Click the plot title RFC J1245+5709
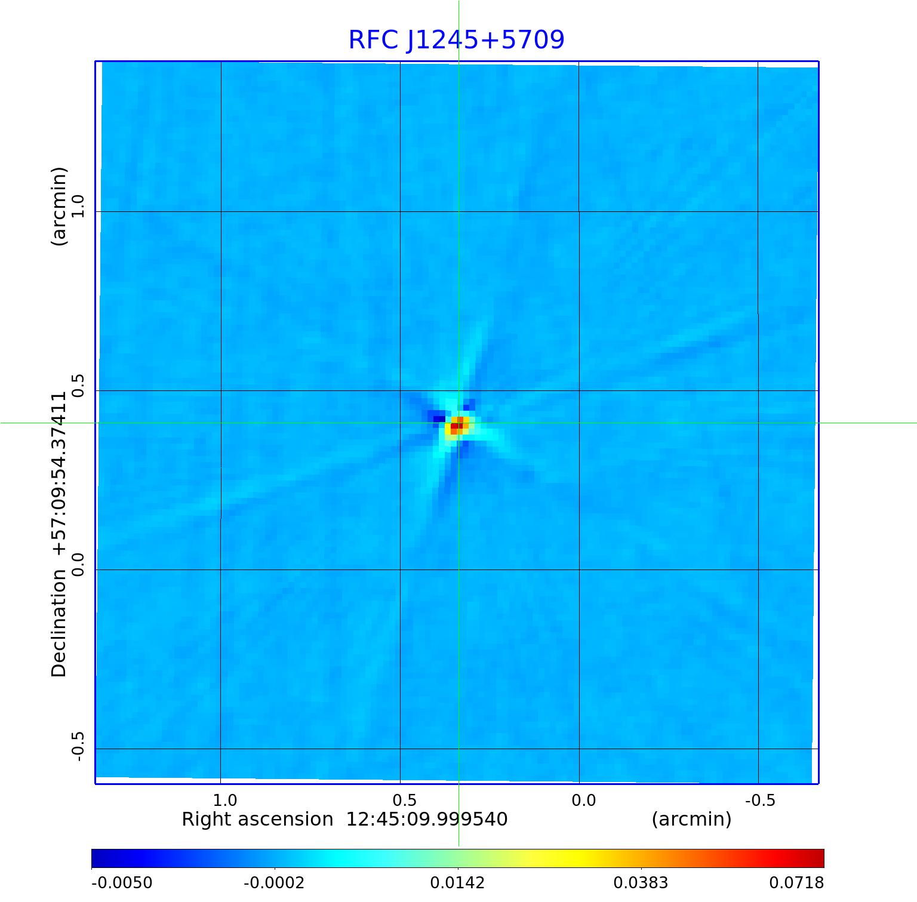click(x=456, y=40)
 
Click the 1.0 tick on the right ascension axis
click(x=225, y=801)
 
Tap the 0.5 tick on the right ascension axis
click(x=404, y=801)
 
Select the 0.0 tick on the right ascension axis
click(x=583, y=801)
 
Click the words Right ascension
click(x=257, y=820)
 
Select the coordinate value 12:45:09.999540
click(x=427, y=820)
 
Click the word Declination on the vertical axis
click(x=59, y=623)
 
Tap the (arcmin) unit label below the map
click(x=691, y=820)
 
